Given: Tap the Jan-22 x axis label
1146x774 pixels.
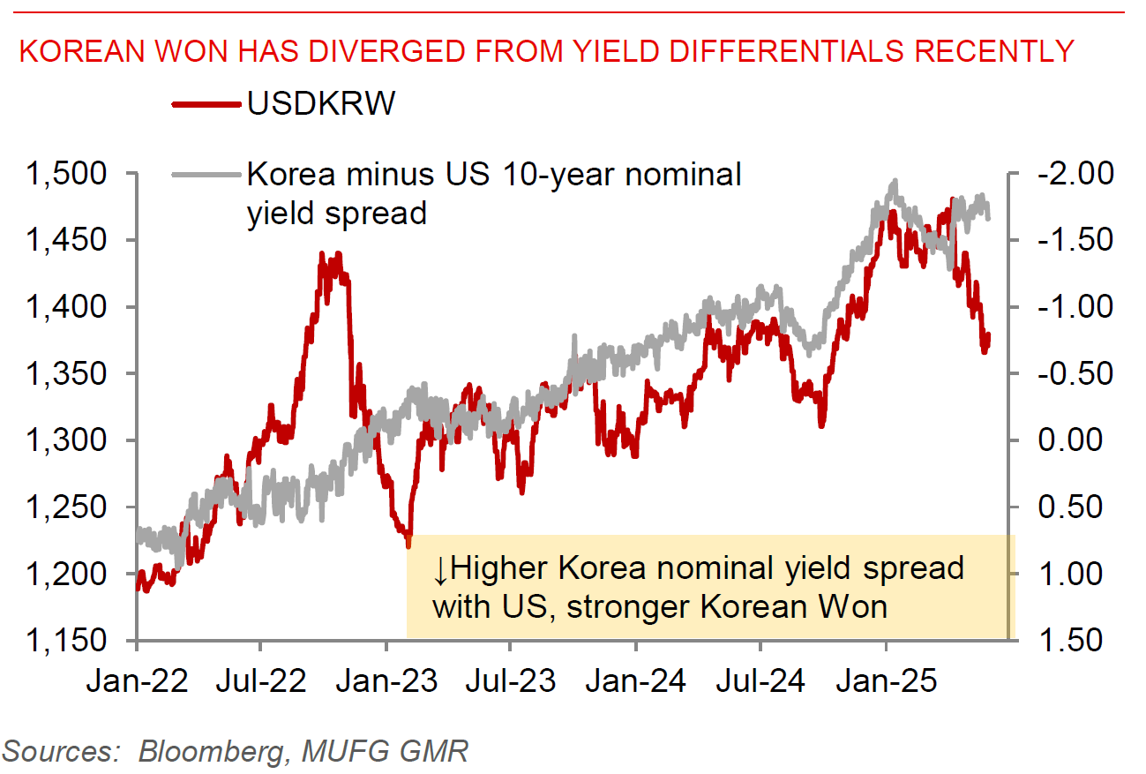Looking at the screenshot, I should click(137, 681).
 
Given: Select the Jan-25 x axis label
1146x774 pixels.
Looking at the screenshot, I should click(887, 681).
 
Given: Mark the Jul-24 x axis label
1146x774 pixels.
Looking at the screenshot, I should click(761, 681).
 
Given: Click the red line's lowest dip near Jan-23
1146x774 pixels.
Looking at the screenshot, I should click(408, 545).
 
